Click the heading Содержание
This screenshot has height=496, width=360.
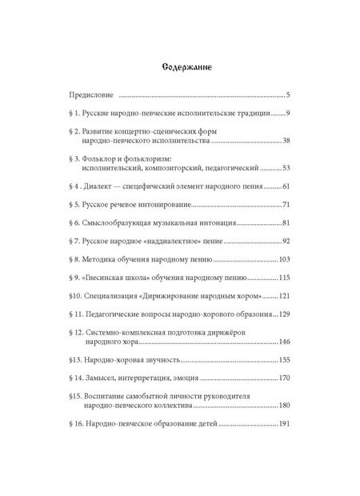pyautogui.click(x=179, y=66)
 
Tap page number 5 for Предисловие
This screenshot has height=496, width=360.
pyautogui.click(x=297, y=94)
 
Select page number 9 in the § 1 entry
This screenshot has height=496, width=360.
pyautogui.click(x=297, y=114)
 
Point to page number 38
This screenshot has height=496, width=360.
pyautogui.click(x=294, y=141)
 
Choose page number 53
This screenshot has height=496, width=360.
pyautogui.click(x=294, y=170)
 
